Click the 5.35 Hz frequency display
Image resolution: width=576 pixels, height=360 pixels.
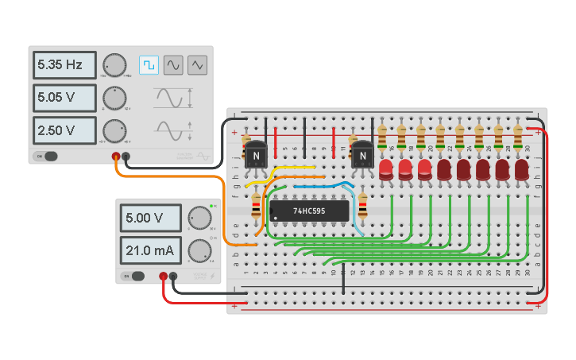(64, 64)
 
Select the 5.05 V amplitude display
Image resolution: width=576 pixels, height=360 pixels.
(64, 99)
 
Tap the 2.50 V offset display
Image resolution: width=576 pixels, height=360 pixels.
(64, 130)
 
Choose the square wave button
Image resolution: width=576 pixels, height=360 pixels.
(149, 64)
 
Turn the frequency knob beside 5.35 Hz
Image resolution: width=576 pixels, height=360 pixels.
(114, 65)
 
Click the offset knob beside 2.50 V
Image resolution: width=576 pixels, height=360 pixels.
(114, 130)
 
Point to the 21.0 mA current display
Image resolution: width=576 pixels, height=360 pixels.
(152, 250)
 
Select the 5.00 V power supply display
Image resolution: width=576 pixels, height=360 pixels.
(152, 217)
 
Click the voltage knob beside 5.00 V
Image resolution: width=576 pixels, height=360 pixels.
(199, 217)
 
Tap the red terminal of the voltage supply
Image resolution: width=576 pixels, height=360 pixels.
(163, 277)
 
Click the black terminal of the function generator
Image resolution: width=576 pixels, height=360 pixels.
(126, 157)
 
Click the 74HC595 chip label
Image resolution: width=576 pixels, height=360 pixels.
(308, 211)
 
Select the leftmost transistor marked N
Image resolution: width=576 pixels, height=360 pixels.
(256, 155)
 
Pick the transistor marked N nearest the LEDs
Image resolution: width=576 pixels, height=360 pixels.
(362, 155)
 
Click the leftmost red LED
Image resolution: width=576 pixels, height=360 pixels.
(386, 169)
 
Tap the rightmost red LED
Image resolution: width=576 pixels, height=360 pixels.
(521, 169)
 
